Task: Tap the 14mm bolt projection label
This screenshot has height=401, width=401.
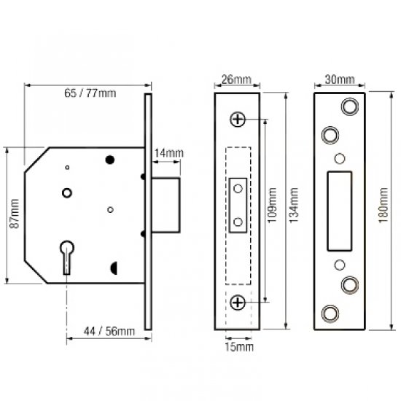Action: pos(168,152)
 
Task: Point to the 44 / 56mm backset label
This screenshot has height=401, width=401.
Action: pos(106,332)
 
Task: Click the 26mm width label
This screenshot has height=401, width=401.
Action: pos(237,79)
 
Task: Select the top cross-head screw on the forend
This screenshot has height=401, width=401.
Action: pos(237,119)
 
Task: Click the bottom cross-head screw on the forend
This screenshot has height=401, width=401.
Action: pos(237,302)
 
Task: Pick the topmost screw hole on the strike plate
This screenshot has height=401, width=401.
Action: pos(349,106)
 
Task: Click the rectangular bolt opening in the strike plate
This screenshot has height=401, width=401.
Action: pos(340,210)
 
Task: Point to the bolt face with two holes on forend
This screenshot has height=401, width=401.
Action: pos(237,205)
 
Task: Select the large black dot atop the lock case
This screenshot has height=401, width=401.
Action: pos(111,160)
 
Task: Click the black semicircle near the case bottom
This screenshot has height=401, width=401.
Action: pos(114,268)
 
